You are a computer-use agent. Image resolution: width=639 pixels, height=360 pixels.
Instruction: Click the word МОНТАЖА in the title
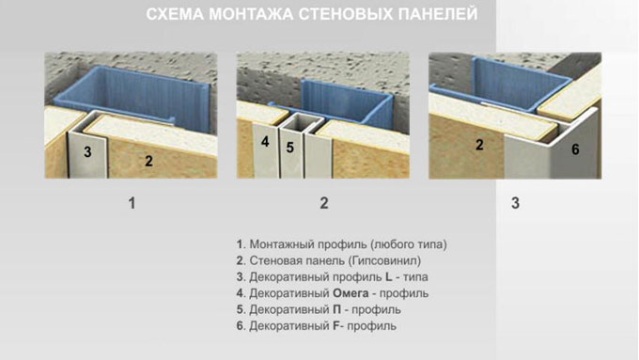point(251,14)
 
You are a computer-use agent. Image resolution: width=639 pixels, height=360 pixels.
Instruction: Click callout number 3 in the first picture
point(87,152)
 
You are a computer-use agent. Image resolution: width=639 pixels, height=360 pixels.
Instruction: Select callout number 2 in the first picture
point(148,161)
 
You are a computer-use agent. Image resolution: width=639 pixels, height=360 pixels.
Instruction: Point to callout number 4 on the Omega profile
point(265,142)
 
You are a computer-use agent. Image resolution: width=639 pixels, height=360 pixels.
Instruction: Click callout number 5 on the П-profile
point(289,148)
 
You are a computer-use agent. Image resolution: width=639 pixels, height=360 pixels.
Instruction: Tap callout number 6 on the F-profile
point(575,149)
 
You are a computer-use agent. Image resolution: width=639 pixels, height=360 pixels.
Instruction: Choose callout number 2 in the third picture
point(479,145)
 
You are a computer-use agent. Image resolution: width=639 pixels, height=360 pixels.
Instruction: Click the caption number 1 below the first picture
point(132,203)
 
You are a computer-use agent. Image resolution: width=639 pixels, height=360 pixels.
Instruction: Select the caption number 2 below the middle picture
point(324,203)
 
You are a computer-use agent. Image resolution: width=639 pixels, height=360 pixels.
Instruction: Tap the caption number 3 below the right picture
point(516,203)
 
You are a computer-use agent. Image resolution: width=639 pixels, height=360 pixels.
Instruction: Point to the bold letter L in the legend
point(389,277)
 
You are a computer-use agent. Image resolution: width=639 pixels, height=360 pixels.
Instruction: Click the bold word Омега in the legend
point(351,293)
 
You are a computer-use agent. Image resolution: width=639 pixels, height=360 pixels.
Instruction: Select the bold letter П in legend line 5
point(336,309)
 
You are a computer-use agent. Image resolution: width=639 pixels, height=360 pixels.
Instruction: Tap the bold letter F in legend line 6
point(335,326)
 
